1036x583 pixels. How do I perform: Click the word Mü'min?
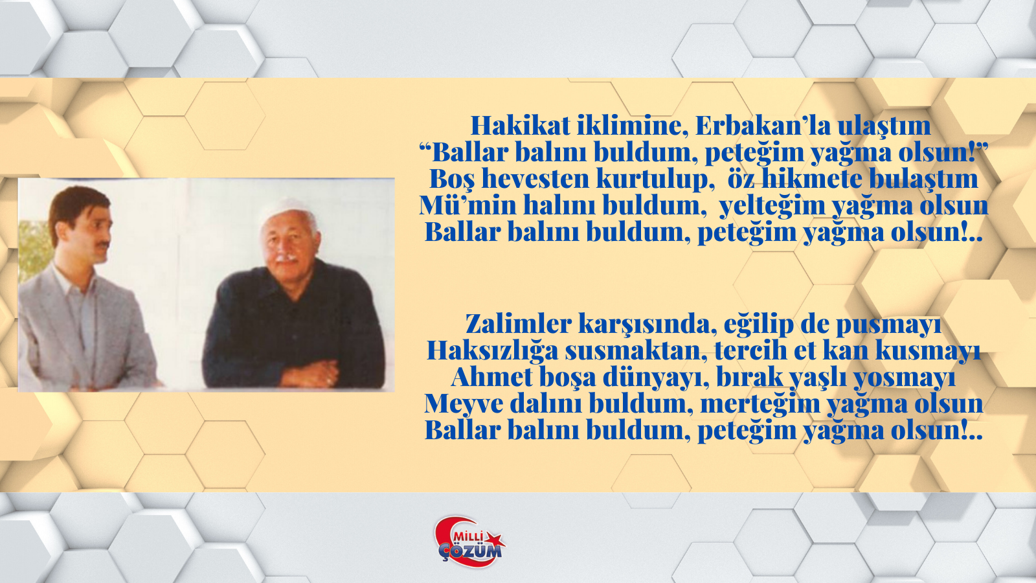pos(467,205)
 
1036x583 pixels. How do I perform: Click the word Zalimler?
pos(519,324)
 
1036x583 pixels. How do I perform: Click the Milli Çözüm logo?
pos(469,542)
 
